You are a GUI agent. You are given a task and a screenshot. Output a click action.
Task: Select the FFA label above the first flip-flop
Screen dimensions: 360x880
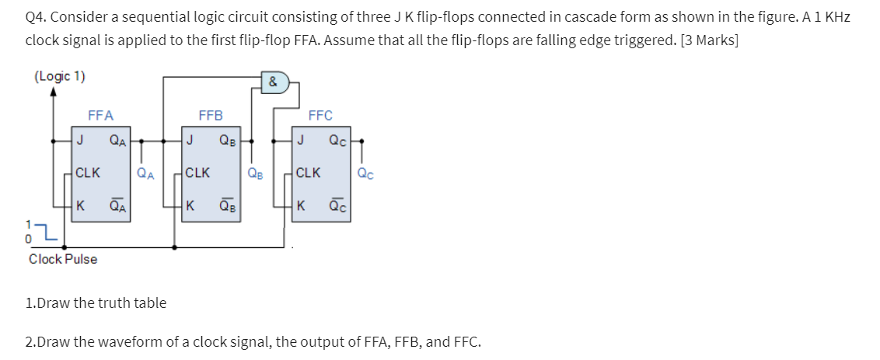100,116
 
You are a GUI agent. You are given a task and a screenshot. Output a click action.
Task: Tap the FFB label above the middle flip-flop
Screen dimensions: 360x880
211,116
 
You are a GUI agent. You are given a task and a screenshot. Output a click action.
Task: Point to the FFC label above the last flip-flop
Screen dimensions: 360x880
320,116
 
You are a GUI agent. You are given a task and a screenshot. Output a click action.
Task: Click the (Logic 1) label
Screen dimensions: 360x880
60,76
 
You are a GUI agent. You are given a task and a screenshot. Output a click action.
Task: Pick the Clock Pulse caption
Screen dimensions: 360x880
63,259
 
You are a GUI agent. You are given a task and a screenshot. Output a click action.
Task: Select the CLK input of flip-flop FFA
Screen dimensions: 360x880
88,173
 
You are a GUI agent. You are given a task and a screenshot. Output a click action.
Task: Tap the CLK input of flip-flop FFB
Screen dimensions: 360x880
197,173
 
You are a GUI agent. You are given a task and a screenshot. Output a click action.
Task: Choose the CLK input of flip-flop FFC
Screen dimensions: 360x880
308,173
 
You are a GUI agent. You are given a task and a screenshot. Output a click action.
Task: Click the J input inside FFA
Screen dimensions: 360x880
80,141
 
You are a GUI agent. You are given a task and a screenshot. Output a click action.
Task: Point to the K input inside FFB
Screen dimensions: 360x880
190,207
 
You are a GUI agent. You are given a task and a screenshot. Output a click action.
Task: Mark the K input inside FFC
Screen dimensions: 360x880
301,207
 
